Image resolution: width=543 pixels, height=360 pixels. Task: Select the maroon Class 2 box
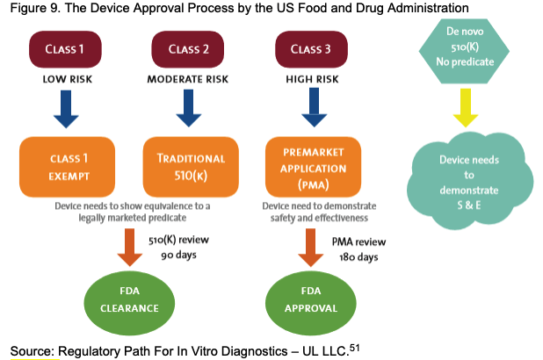point(188,50)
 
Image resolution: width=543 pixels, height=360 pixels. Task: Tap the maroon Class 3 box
point(310,50)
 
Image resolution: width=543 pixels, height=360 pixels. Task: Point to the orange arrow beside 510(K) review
point(132,246)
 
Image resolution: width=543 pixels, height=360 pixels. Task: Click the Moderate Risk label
point(188,78)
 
